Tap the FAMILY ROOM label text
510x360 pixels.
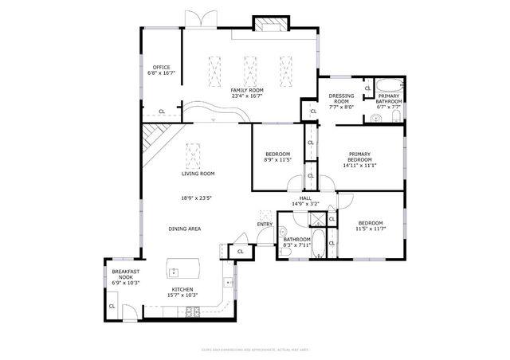pos(247,91)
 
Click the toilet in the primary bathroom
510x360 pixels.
pos(394,119)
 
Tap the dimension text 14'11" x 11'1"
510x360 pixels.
pos(359,165)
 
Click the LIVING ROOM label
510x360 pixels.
pos(198,174)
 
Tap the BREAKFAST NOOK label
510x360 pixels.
pos(125,275)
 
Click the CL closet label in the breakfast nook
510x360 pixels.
pos(112,305)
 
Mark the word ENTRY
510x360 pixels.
pos(265,224)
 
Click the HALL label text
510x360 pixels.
pos(305,198)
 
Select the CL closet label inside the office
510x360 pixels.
pos(162,112)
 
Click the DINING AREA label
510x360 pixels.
pos(184,229)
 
